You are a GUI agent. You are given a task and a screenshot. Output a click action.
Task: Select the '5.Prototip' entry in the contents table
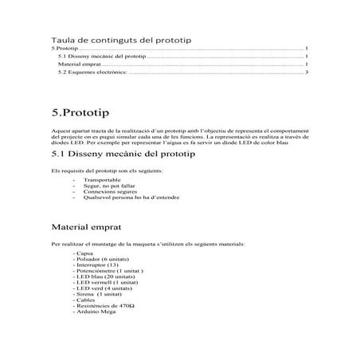click(65, 49)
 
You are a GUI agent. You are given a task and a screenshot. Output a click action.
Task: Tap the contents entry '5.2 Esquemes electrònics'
click(92, 72)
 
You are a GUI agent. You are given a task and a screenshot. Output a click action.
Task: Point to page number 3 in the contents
click(307, 72)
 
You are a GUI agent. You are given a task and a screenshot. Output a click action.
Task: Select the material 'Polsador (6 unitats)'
click(104, 260)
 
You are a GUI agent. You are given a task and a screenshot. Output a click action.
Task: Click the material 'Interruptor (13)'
click(96, 265)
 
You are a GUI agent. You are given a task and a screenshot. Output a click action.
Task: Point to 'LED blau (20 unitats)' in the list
click(104, 276)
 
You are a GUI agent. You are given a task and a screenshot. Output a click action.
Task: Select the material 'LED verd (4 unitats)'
click(104, 288)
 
